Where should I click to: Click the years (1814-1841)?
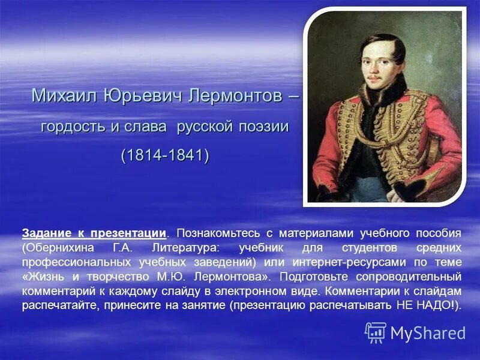coord(165,155)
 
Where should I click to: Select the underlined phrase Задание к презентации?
coord(94,233)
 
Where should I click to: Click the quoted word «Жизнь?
coord(44,277)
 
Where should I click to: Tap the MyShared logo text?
coord(427,333)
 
